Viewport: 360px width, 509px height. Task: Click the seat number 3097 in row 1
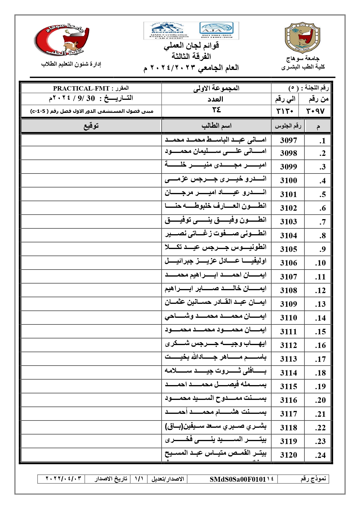pos(288,140)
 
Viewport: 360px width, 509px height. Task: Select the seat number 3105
pos(288,249)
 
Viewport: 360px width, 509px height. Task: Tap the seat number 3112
pos(288,345)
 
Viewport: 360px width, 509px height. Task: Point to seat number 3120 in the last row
pos(288,455)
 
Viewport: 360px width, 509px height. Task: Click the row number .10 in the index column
pos(320,263)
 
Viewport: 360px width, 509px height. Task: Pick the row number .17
pos(320,359)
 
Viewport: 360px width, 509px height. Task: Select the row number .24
pos(320,455)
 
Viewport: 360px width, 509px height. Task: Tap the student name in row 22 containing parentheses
pos(216,427)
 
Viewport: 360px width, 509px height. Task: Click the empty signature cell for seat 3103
pos(91,221)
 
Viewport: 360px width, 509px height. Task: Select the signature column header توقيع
pos(91,126)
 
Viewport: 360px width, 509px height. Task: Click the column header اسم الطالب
pos(216,126)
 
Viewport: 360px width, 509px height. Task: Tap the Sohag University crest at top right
pos(302,38)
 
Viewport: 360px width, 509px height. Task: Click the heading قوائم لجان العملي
pos(191,46)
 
